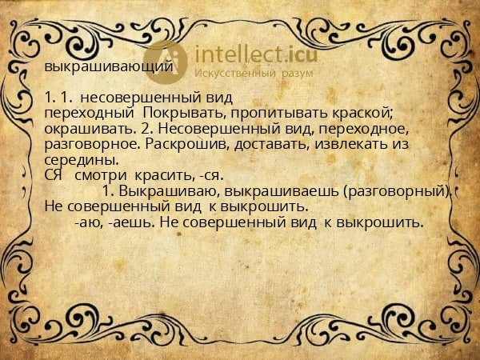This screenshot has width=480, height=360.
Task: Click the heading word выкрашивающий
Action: tap(108, 66)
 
